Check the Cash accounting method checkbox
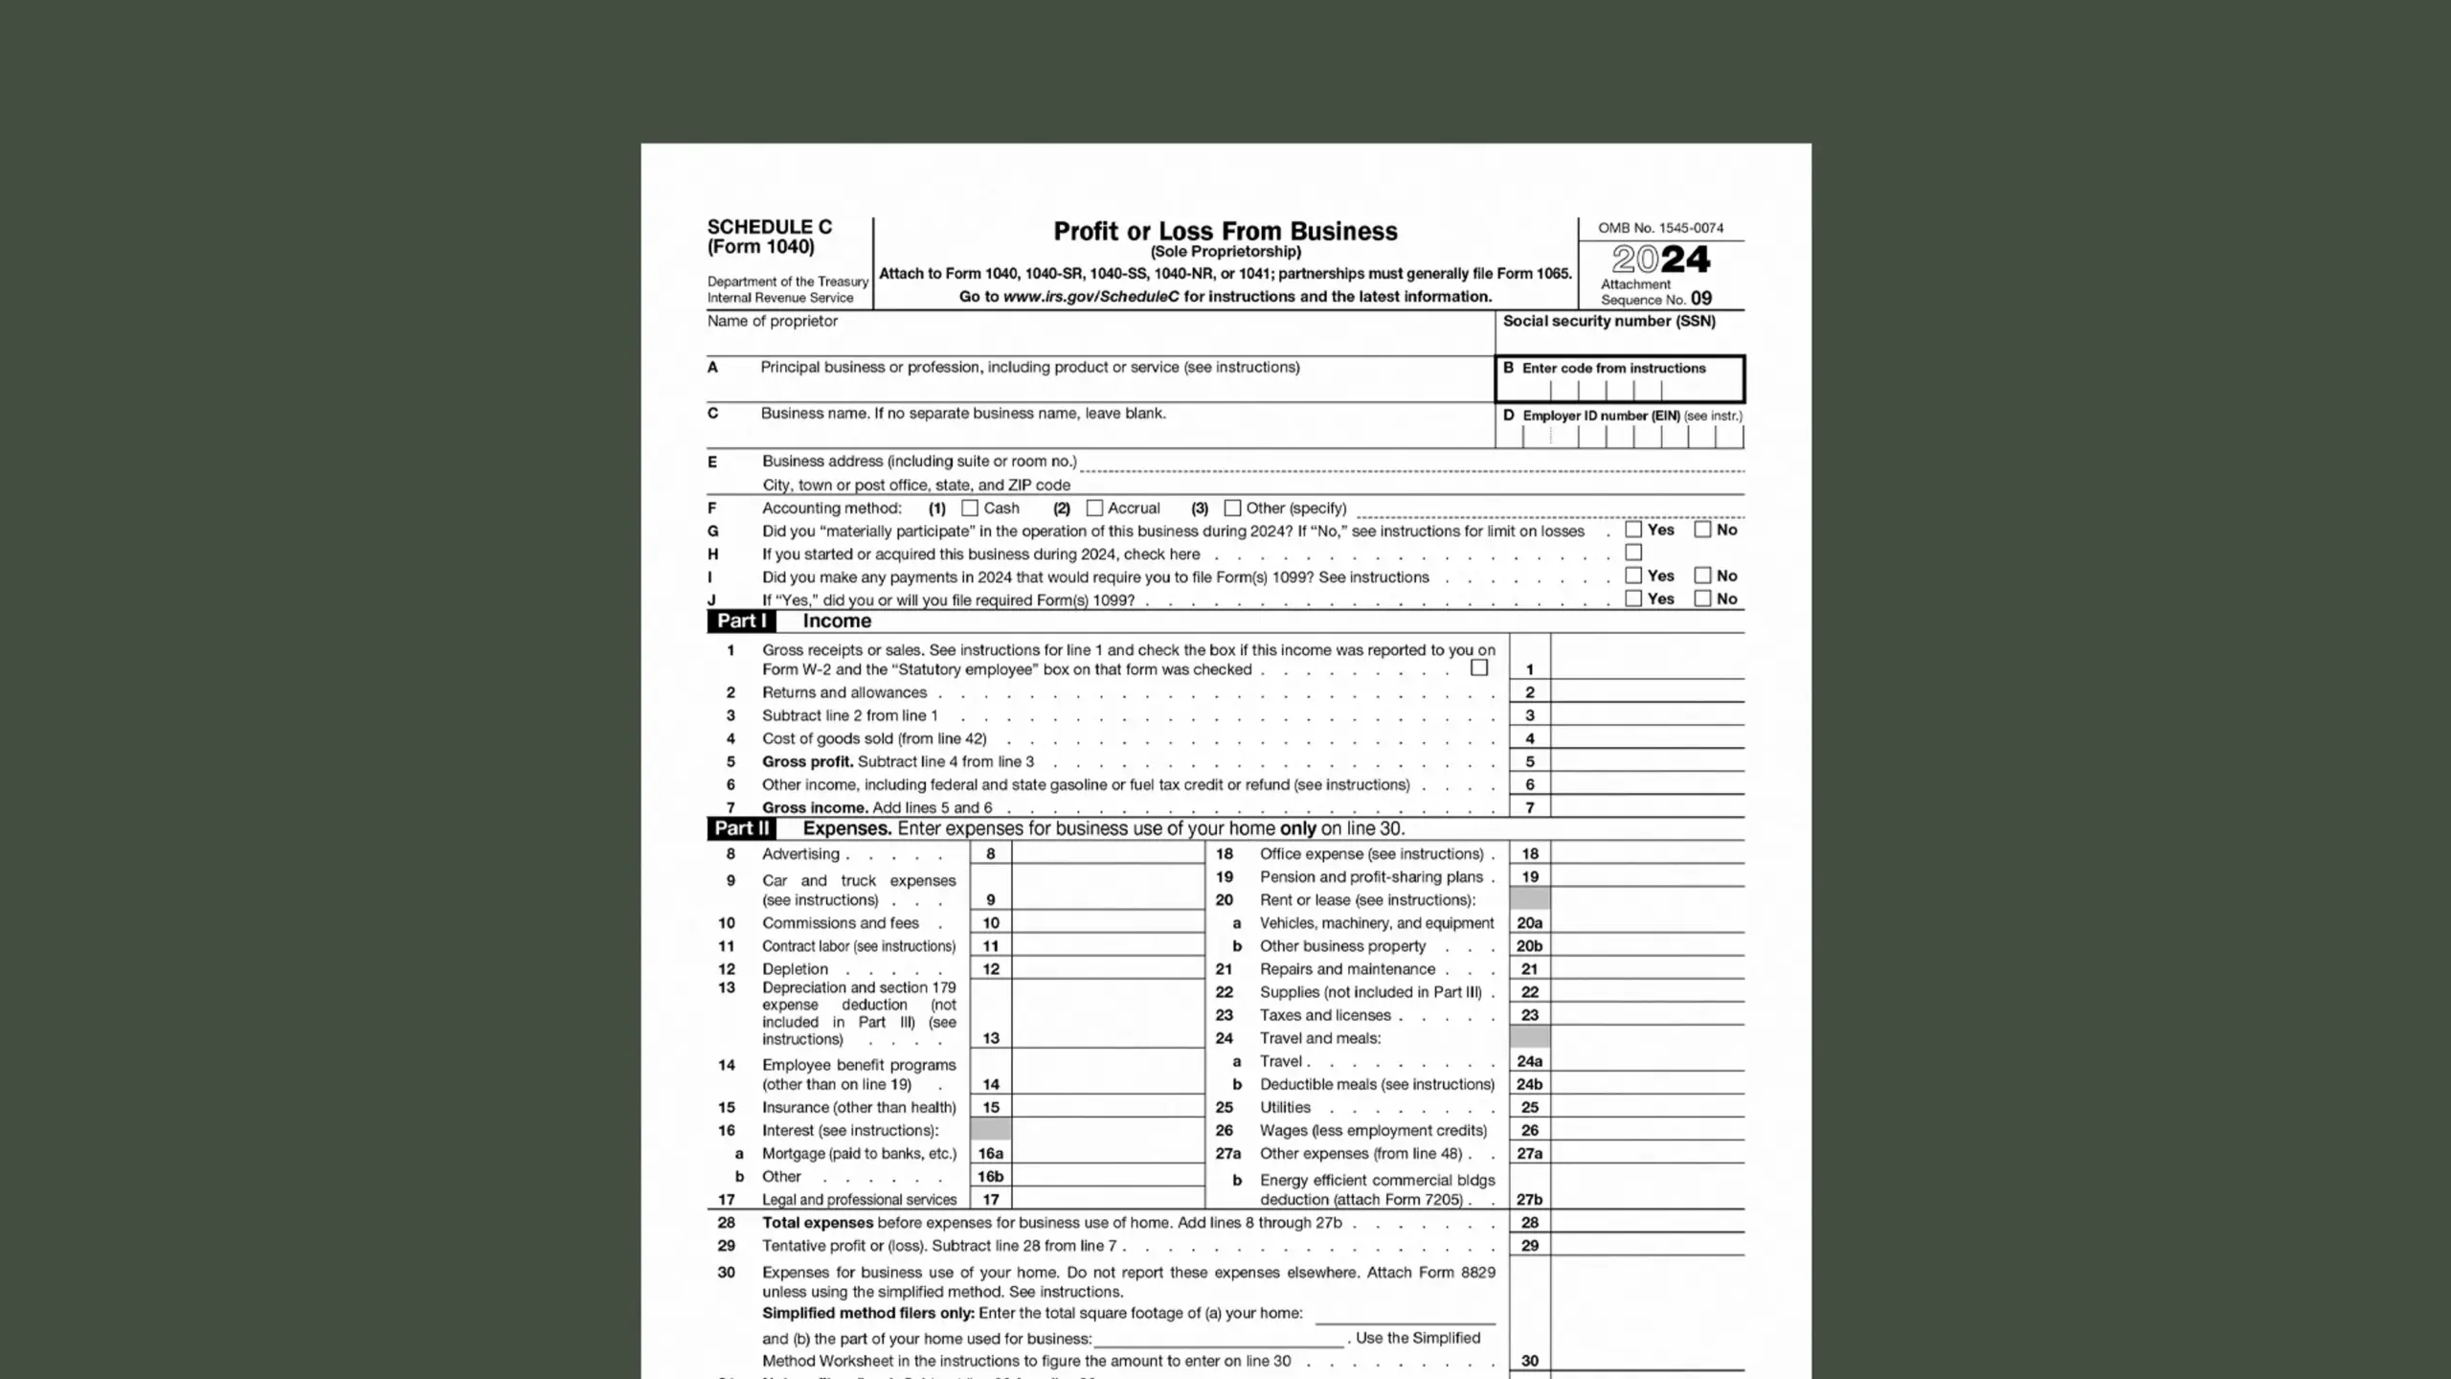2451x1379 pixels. (x=970, y=508)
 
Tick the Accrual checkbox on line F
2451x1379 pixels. (x=1094, y=508)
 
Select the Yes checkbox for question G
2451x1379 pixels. (x=1633, y=530)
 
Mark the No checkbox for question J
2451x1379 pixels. (x=1702, y=599)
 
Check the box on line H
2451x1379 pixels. (x=1633, y=553)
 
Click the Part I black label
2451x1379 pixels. (x=741, y=621)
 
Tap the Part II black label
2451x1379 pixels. (x=741, y=828)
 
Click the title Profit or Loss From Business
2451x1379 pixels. (x=1225, y=232)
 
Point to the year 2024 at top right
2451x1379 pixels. (x=1660, y=260)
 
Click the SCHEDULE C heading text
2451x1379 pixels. (x=770, y=227)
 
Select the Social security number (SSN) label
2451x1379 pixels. (x=1608, y=321)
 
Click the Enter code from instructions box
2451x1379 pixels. (x=1619, y=380)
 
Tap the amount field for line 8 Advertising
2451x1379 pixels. (x=1108, y=853)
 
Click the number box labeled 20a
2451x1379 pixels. (x=1529, y=923)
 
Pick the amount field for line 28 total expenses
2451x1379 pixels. (x=1647, y=1222)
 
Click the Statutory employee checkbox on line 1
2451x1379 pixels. (x=1479, y=667)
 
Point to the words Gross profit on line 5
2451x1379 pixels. (x=807, y=761)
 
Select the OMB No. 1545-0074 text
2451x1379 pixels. (x=1660, y=228)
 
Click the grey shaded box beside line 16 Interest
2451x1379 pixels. (x=990, y=1130)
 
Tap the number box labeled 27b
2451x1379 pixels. (x=1529, y=1199)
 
